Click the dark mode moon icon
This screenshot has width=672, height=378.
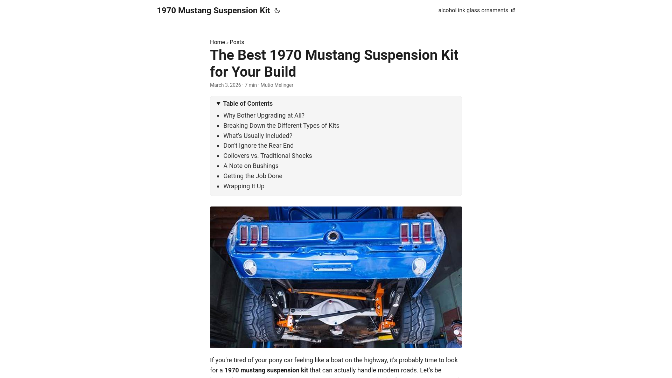click(277, 10)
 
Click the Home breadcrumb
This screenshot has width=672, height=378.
click(217, 42)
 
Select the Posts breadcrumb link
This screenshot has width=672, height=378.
click(237, 42)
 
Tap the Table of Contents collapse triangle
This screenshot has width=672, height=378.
click(218, 104)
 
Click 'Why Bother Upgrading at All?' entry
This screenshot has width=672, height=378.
click(264, 115)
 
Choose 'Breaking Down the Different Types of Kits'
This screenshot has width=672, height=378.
click(281, 126)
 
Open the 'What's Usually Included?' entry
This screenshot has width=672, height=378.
click(258, 136)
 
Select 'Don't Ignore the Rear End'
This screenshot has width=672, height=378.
click(258, 146)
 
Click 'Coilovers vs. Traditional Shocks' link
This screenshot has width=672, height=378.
click(267, 156)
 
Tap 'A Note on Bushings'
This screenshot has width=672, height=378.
click(251, 166)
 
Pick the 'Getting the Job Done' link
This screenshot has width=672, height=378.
click(253, 176)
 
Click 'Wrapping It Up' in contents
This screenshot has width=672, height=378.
click(244, 186)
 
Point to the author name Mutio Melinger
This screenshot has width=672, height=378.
click(276, 85)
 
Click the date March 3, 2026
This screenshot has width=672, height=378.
click(225, 85)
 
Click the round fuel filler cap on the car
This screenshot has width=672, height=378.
click(332, 237)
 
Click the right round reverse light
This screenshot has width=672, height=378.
click(419, 267)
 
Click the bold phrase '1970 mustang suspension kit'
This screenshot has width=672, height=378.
click(266, 370)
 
